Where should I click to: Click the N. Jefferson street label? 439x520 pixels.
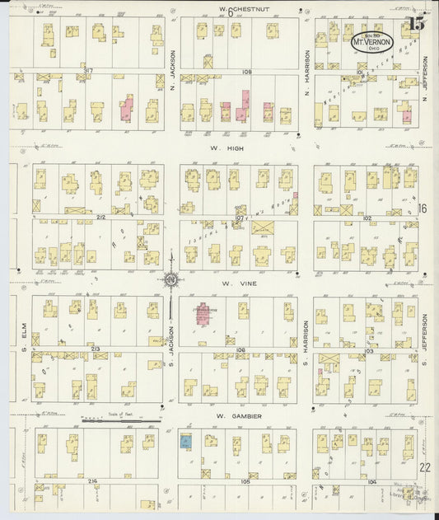click(x=426, y=78)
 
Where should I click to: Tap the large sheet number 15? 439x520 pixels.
click(x=416, y=23)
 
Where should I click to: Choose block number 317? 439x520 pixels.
click(x=87, y=72)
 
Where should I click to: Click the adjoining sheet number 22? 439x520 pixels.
click(x=423, y=466)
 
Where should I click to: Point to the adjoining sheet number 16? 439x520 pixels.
click(x=423, y=208)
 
